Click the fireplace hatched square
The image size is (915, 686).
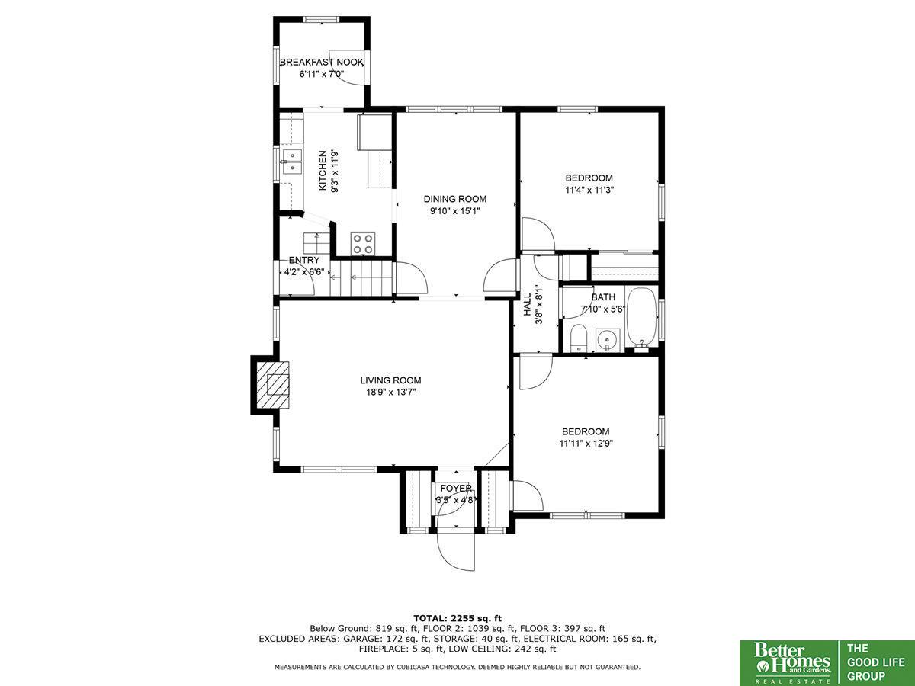[273, 385]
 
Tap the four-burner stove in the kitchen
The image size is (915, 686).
[363, 244]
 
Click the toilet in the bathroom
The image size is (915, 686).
[578, 338]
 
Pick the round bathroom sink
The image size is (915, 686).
[608, 340]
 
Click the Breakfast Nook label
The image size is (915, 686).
[322, 63]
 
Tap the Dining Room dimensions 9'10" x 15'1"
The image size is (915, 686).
[455, 211]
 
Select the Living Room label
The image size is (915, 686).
[390, 380]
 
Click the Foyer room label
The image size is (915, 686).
[456, 488]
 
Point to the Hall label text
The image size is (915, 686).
[528, 304]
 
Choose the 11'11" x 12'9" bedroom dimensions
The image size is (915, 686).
[586, 443]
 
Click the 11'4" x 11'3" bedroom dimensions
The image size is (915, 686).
[589, 190]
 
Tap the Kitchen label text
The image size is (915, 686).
[323, 171]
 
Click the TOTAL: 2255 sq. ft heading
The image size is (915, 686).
[457, 617]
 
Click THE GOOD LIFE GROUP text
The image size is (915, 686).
[875, 662]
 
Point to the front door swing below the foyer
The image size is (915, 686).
[456, 550]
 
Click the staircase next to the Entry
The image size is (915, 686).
[361, 277]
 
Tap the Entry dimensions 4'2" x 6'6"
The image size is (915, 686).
[304, 272]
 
